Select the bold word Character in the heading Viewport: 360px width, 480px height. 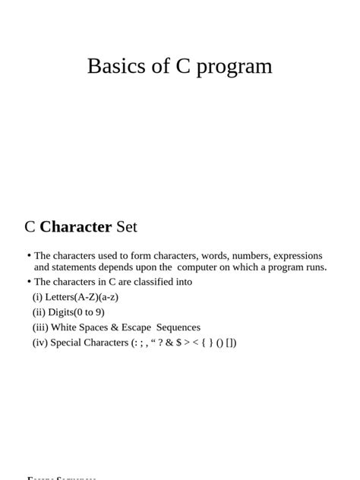(x=76, y=226)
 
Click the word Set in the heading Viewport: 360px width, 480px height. (x=126, y=226)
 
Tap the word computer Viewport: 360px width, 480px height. (x=200, y=267)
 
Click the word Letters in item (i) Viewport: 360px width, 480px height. (x=60, y=297)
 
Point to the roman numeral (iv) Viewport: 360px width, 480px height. (x=39, y=343)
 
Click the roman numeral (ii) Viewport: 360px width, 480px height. (x=39, y=312)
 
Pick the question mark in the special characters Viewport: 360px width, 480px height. (x=160, y=343)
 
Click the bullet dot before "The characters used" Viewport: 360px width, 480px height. (x=29, y=256)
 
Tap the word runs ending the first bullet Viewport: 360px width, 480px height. (x=315, y=267)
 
